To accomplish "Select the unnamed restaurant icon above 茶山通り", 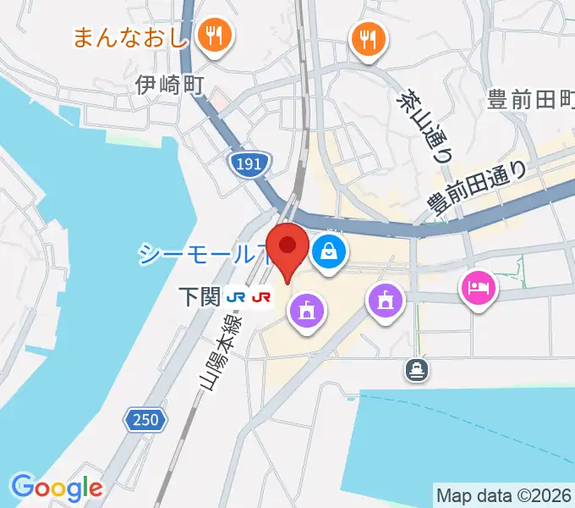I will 368,38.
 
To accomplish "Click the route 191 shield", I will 249,164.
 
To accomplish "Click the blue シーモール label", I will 199,253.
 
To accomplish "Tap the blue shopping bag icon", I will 326,251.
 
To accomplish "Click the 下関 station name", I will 199,296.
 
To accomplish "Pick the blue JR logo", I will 238,296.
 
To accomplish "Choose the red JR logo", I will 261,296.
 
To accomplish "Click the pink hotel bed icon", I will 479,289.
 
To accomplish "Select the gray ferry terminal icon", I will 416,369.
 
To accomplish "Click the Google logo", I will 57,487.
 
